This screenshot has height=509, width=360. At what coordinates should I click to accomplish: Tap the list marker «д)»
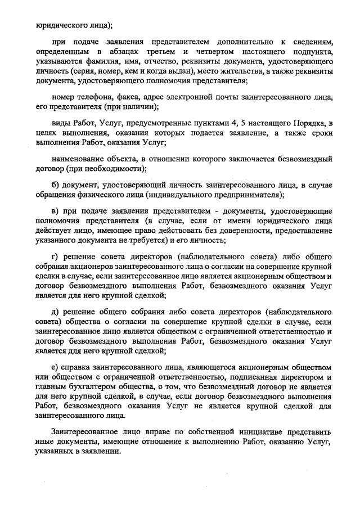tap(54, 310)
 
